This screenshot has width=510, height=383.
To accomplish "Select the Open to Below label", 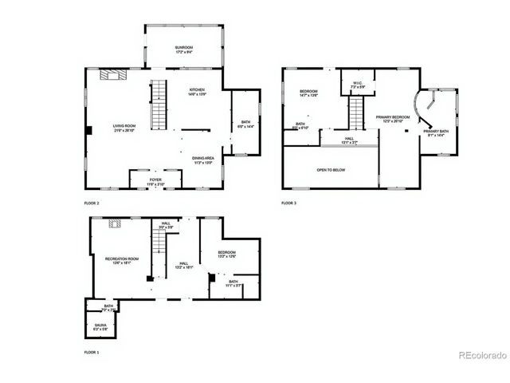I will point(330,170).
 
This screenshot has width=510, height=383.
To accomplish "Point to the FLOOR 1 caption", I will point(93,352).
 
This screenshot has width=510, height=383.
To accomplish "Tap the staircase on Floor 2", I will point(161,105).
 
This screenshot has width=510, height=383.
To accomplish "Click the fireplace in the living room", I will point(110,74).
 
